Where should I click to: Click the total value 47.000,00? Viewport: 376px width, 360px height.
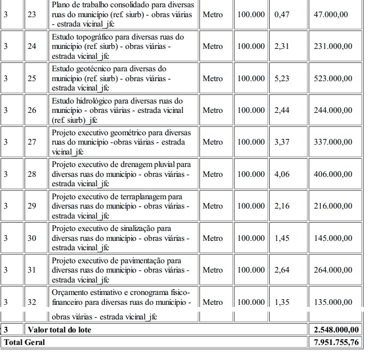click(330, 15)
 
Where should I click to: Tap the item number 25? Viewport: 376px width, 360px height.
click(32, 78)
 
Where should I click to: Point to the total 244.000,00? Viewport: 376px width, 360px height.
click(333, 110)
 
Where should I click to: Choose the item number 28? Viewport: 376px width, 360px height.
click(32, 174)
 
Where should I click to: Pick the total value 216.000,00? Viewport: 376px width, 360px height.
click(333, 205)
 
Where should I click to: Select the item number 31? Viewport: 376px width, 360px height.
click(32, 269)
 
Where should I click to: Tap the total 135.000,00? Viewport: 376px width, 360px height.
click(333, 302)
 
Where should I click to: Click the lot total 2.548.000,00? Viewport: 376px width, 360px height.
click(336, 329)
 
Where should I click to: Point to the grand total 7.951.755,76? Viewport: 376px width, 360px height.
click(336, 342)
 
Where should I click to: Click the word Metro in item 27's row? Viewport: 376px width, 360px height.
click(212, 142)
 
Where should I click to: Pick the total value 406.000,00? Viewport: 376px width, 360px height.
click(333, 174)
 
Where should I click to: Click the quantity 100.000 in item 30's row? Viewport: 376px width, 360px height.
click(251, 238)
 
